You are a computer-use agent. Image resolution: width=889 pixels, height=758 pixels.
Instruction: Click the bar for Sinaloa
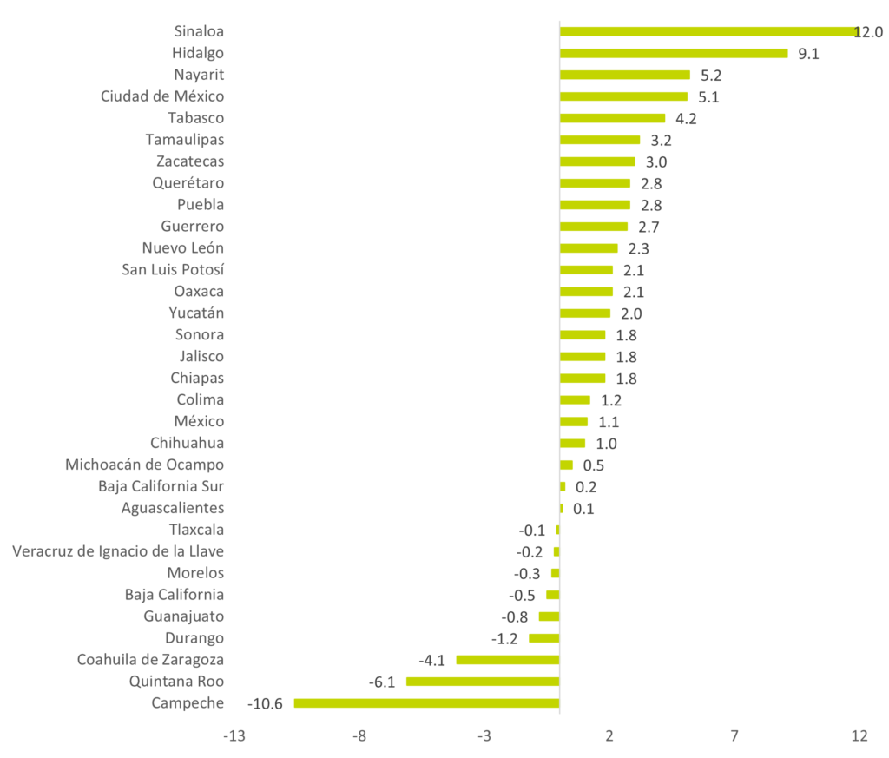pyautogui.click(x=709, y=31)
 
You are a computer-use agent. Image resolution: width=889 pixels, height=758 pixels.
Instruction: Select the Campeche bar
pyautogui.click(x=427, y=703)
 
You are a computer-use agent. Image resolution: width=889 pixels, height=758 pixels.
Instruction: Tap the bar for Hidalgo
pyautogui.click(x=674, y=53)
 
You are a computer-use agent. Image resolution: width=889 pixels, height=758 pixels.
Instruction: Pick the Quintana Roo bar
pyautogui.click(x=483, y=682)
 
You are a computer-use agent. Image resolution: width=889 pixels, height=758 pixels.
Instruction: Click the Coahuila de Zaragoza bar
pyautogui.click(x=508, y=660)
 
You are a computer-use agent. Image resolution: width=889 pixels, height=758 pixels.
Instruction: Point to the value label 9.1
pyautogui.click(x=808, y=54)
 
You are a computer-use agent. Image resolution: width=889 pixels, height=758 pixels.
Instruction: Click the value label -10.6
pyautogui.click(x=265, y=703)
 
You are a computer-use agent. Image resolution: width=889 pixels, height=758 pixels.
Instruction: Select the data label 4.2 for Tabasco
pyautogui.click(x=686, y=119)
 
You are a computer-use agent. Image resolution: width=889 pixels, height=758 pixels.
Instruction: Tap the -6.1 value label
pyautogui.click(x=382, y=682)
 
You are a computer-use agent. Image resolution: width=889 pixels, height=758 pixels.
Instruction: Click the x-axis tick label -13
pyautogui.click(x=234, y=736)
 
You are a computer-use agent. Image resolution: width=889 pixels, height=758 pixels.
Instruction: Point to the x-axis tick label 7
pyautogui.click(x=734, y=736)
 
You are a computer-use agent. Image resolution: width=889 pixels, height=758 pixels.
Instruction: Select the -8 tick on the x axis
pyautogui.click(x=359, y=736)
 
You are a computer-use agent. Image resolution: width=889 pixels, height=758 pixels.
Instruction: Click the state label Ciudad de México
pyautogui.click(x=162, y=96)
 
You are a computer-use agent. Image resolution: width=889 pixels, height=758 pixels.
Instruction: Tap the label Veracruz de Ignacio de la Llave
pyautogui.click(x=118, y=551)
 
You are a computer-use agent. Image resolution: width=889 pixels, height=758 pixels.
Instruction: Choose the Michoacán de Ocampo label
pyautogui.click(x=145, y=465)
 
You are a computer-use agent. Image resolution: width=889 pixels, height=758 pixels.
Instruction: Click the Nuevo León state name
pyautogui.click(x=183, y=248)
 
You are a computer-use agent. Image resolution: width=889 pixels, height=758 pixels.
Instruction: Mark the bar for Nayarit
pyautogui.click(x=625, y=75)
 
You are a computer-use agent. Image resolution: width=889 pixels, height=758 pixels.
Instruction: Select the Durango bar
pyautogui.click(x=544, y=638)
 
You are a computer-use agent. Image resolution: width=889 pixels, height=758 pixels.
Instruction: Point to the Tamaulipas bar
pyautogui.click(x=600, y=140)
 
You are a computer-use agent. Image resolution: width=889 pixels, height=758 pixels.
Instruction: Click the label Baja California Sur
pyautogui.click(x=161, y=486)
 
